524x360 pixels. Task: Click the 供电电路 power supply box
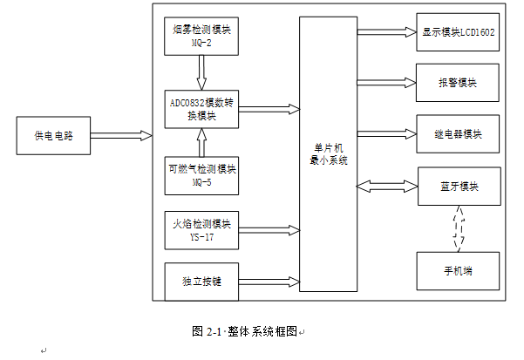tap(53, 135)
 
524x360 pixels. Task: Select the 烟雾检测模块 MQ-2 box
tap(201, 36)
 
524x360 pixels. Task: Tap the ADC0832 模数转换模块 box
tap(201, 108)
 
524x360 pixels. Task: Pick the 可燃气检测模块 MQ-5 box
tap(201, 176)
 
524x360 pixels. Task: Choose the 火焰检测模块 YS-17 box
tap(201, 229)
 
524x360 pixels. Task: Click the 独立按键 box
tap(201, 282)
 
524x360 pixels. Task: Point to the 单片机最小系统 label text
tap(328, 154)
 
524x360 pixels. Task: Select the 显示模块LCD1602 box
tap(458, 32)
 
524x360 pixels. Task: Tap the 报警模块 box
tap(458, 83)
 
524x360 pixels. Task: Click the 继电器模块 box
tap(458, 134)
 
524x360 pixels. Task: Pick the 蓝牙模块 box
tap(459, 187)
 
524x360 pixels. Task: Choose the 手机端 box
tap(458, 270)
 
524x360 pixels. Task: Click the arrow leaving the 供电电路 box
tap(119, 135)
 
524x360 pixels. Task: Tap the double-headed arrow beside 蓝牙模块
tap(387, 186)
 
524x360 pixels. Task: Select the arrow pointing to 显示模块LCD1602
tap(386, 32)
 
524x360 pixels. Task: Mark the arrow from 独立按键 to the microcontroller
tap(268, 282)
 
